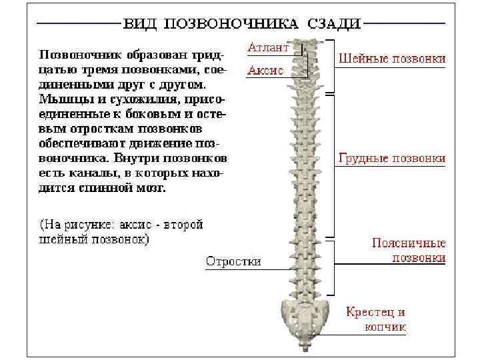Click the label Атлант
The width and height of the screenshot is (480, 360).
(x=267, y=48)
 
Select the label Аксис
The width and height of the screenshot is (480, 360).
(x=266, y=70)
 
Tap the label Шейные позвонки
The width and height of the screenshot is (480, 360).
(x=392, y=58)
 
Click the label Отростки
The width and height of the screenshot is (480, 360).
(x=233, y=261)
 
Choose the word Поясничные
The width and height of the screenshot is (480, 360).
(x=409, y=243)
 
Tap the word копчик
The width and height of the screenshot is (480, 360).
(x=385, y=327)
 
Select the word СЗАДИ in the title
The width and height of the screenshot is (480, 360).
(x=334, y=24)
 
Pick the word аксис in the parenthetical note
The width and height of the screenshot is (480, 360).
(x=130, y=225)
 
